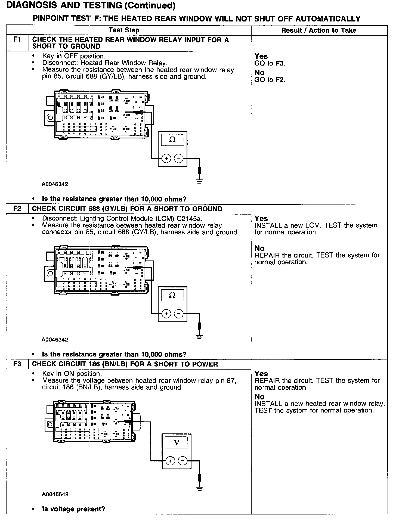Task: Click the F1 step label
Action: (17, 40)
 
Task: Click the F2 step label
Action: (17, 209)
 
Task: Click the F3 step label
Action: (17, 364)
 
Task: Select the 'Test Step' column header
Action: (124, 30)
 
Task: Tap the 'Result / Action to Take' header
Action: (319, 30)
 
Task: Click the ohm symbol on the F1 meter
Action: (172, 140)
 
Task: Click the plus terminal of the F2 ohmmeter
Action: (166, 314)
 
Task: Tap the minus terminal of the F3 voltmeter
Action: (182, 461)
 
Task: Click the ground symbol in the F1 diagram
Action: (200, 181)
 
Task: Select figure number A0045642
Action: (55, 494)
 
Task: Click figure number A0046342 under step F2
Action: (55, 340)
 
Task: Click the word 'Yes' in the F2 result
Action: (261, 218)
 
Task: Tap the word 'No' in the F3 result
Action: (259, 397)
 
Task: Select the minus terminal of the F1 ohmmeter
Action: (179, 158)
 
